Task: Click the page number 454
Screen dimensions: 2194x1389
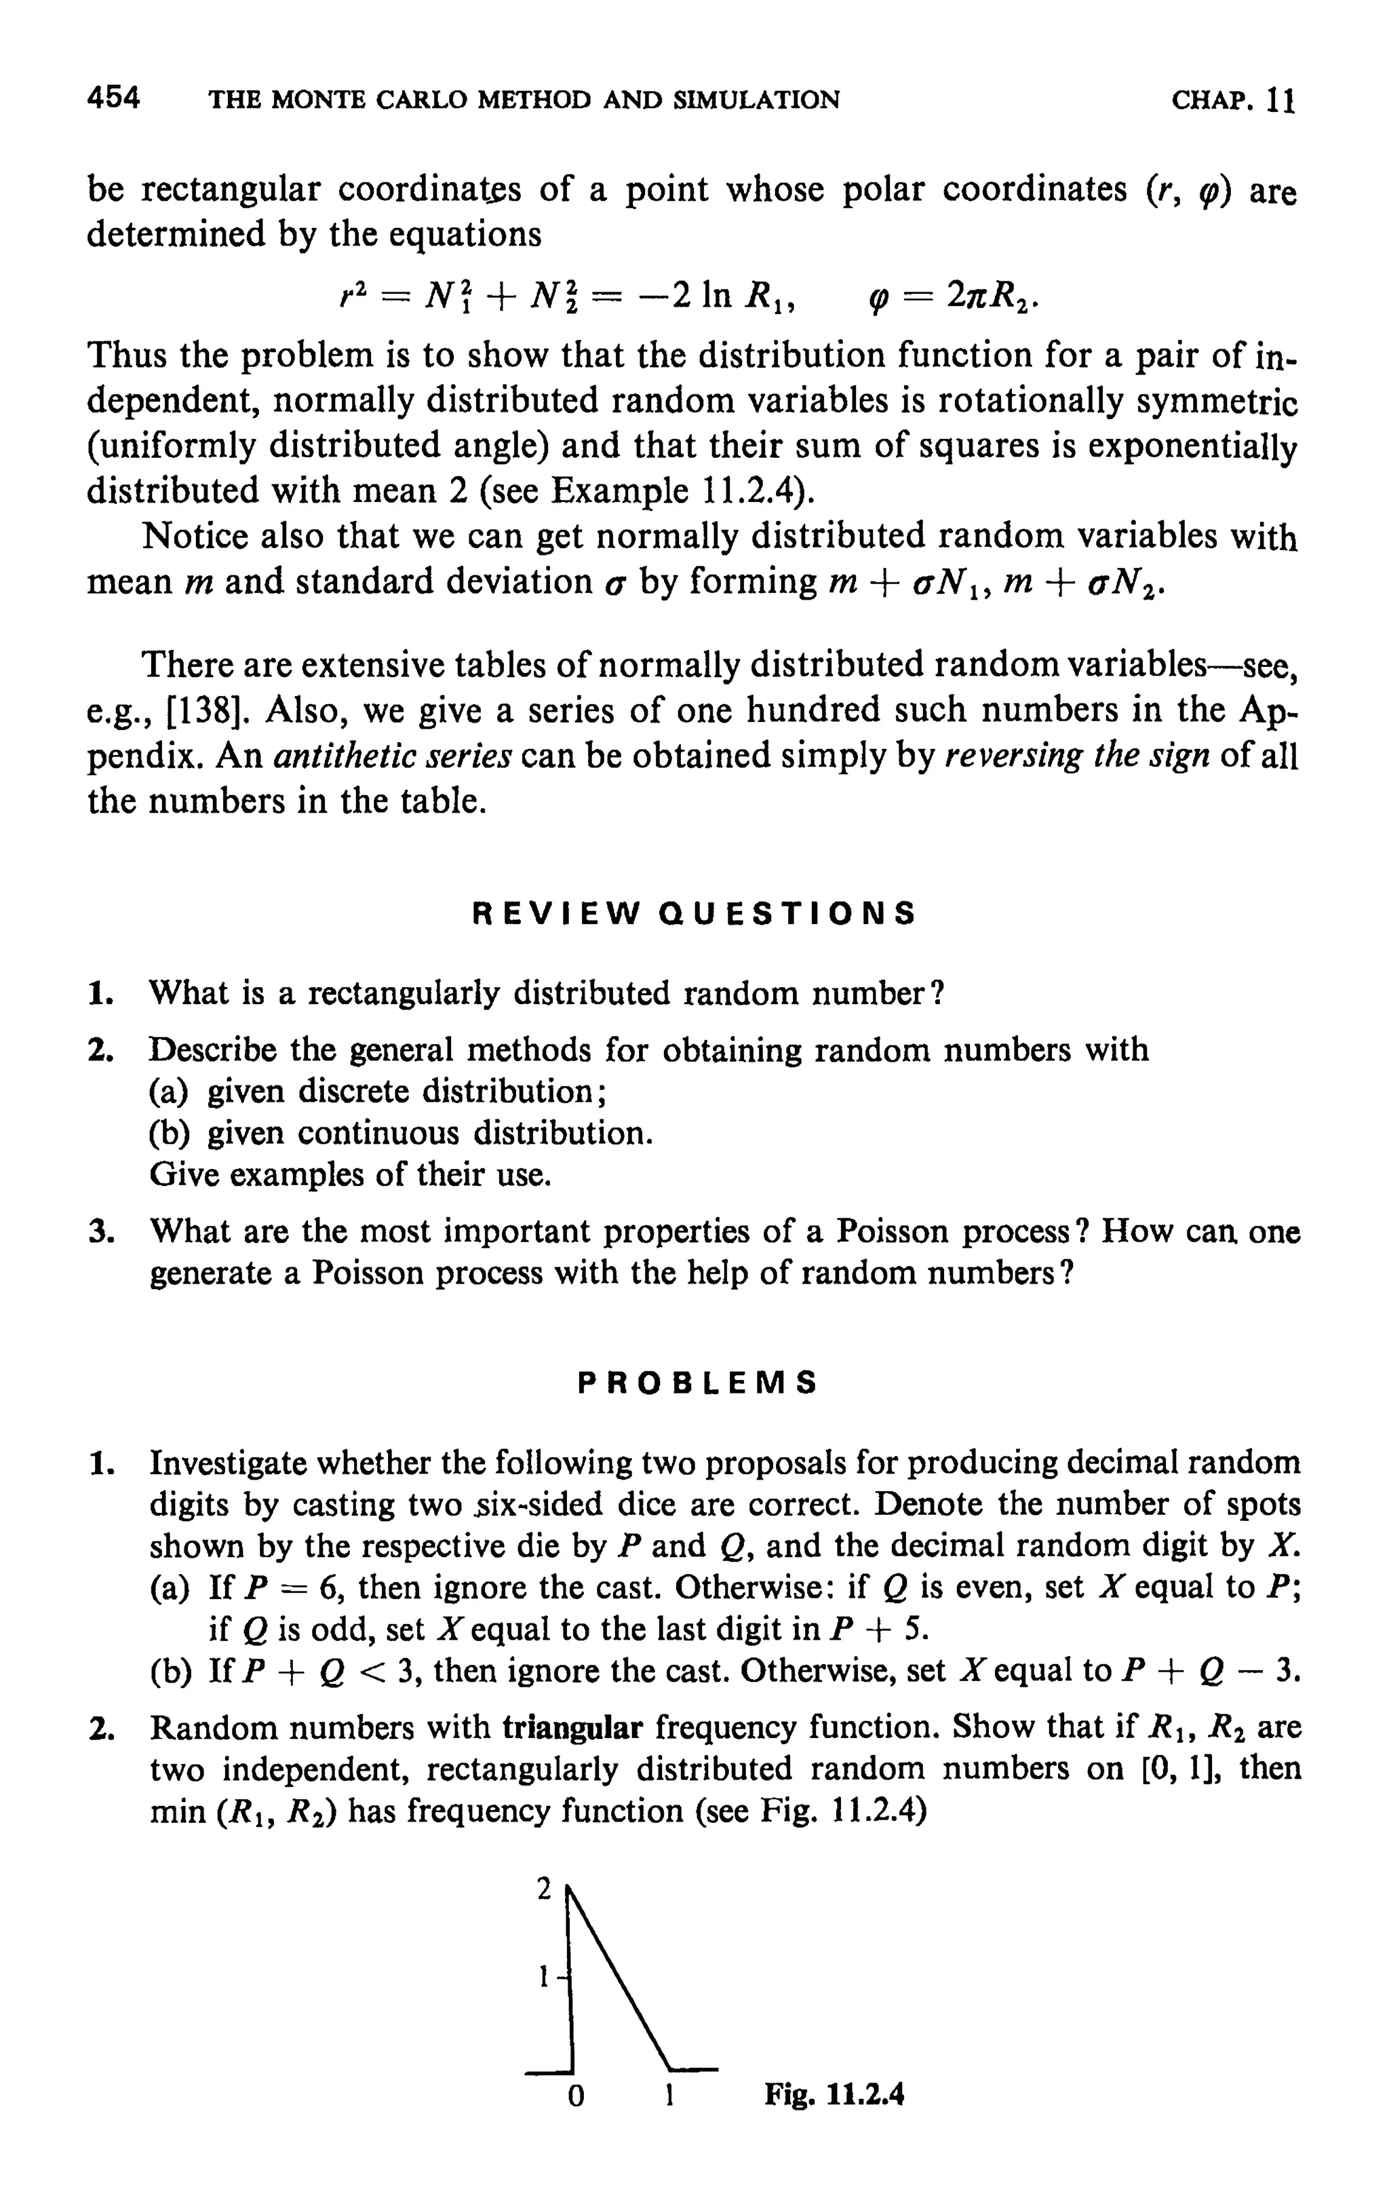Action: click(114, 98)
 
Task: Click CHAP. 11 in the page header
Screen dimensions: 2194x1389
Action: click(1233, 99)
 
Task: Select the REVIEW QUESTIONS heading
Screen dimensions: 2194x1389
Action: click(694, 913)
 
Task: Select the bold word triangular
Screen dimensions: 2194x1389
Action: click(573, 1727)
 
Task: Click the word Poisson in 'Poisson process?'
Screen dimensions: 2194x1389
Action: click(892, 1232)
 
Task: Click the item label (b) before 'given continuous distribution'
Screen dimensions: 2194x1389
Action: click(170, 1134)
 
